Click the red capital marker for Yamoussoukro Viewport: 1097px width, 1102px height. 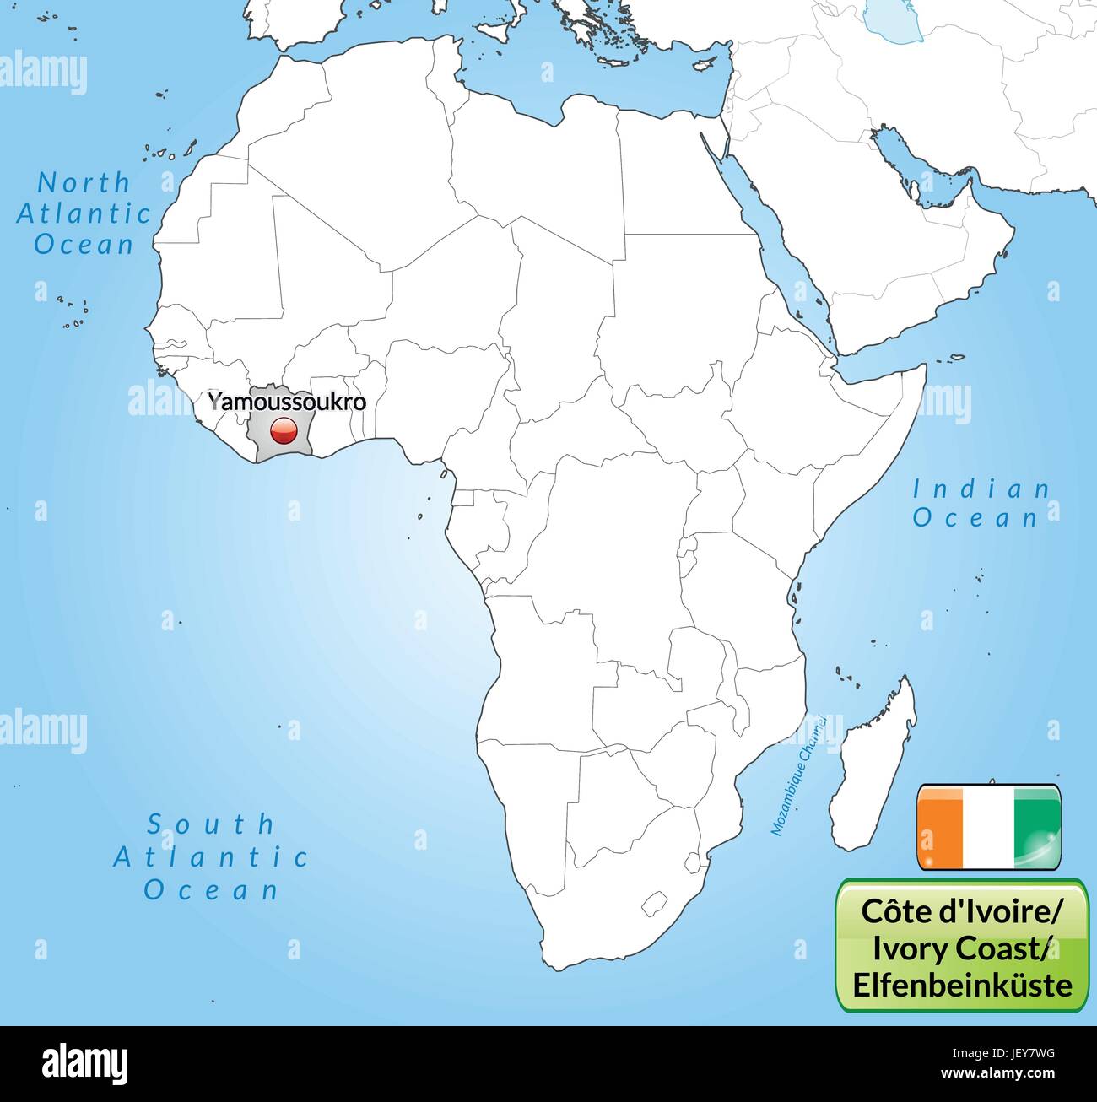pos(282,432)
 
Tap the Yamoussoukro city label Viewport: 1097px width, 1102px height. pos(287,402)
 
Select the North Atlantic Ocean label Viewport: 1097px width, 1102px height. pos(84,213)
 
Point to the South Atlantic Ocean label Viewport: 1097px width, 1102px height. pos(211,856)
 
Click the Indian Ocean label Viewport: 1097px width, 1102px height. pos(981,503)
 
